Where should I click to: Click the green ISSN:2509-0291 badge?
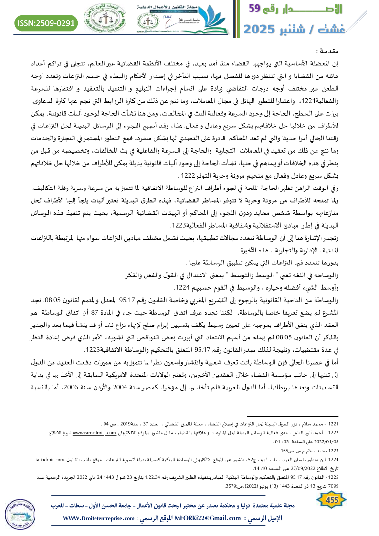tap(47, 22)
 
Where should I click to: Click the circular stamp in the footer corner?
tap(21, 508)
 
